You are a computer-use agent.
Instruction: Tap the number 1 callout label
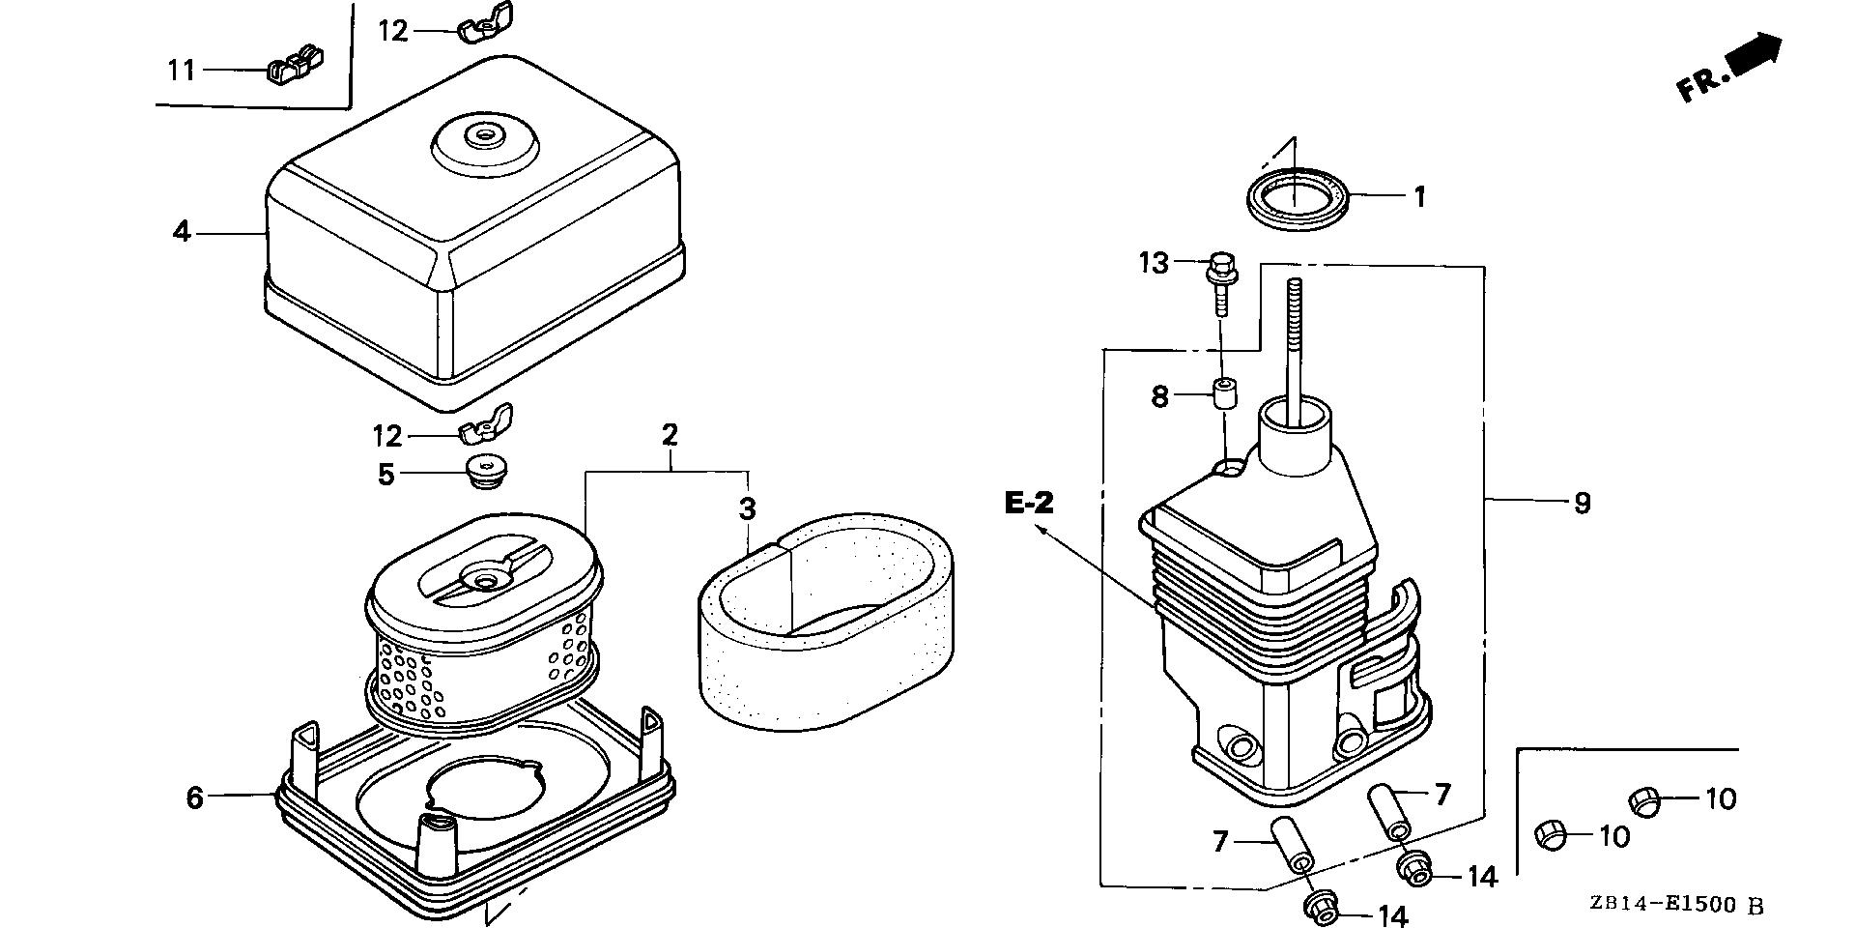[x=1419, y=197]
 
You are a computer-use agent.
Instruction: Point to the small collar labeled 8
[x=1226, y=395]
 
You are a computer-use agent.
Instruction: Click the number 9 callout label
[x=1582, y=503]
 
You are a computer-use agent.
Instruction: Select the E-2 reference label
[x=1029, y=503]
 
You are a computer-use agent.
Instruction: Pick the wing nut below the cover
[x=488, y=424]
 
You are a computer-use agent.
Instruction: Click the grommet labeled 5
[x=486, y=473]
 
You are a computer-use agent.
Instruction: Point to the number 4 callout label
[x=182, y=232]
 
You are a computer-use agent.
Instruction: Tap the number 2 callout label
[x=670, y=434]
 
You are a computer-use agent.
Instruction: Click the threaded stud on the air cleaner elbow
[x=1294, y=338]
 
